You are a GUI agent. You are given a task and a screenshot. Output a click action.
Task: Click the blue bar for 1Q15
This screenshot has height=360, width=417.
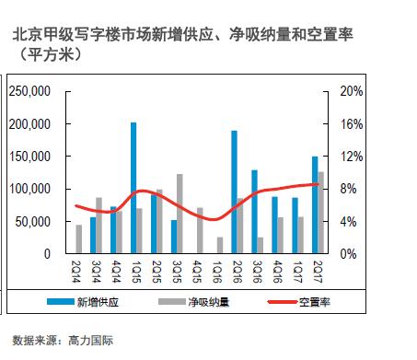point(133,188)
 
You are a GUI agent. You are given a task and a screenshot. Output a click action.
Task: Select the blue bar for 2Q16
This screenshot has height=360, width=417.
point(234,192)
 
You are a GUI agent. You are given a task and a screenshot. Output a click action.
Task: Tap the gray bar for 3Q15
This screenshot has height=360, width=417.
point(180,214)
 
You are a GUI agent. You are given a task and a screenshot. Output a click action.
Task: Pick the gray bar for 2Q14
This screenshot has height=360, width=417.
point(79,239)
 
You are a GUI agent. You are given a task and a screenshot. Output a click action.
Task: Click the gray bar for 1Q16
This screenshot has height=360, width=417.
point(220,245)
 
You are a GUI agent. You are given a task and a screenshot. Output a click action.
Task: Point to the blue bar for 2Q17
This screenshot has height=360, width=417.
point(315,205)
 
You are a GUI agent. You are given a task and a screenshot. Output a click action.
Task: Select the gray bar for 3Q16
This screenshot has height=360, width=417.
point(261,246)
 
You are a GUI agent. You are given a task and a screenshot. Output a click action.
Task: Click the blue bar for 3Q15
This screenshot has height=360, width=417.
point(174,237)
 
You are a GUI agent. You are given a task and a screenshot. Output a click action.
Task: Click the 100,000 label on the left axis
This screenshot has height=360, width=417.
point(29,189)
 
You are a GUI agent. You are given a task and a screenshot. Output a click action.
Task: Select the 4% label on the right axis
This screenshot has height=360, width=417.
point(348,222)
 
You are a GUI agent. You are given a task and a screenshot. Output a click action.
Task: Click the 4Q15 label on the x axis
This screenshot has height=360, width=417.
point(197,272)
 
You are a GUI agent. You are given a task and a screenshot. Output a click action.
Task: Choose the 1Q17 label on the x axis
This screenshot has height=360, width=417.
point(297,272)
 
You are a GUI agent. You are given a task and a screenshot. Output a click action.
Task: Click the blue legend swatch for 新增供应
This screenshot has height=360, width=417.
point(61,302)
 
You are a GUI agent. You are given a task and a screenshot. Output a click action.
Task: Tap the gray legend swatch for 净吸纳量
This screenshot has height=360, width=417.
point(172,302)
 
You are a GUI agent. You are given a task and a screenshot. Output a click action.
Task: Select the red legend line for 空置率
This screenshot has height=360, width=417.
point(283,302)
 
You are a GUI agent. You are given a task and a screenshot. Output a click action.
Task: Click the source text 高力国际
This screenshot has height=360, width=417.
point(91,341)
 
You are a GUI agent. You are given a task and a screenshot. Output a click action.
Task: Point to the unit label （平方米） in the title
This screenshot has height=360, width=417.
point(51,55)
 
